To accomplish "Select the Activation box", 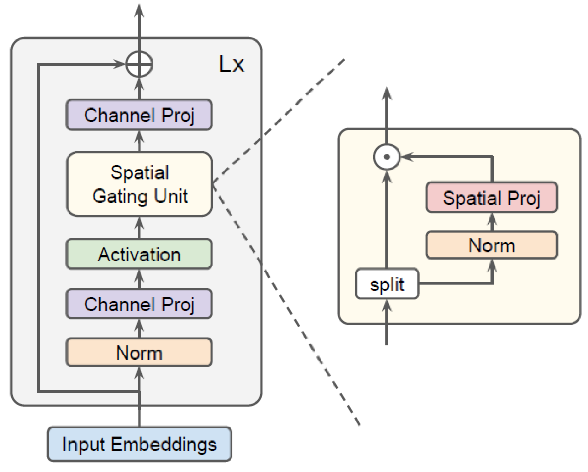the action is pyautogui.click(x=139, y=254).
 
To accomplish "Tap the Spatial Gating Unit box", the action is pyautogui.click(x=140, y=184).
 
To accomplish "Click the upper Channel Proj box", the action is pyautogui.click(x=139, y=115).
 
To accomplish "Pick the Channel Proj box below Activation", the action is pyautogui.click(x=139, y=304).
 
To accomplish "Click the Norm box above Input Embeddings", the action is pyautogui.click(x=139, y=352).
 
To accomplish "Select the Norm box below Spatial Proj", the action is pyautogui.click(x=492, y=245).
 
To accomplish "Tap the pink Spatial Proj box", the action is pyautogui.click(x=492, y=197).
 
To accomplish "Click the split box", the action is pyautogui.click(x=387, y=284).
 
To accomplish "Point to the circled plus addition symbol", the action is pyautogui.click(x=139, y=64).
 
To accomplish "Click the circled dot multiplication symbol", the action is pyautogui.click(x=387, y=157).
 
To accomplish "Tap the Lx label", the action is pyautogui.click(x=231, y=64).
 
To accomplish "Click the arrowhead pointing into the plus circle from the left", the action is pyautogui.click(x=120, y=64).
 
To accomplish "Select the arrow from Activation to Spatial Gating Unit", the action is pyautogui.click(x=140, y=228).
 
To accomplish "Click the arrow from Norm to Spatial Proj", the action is pyautogui.click(x=492, y=222).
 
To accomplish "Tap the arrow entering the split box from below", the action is pyautogui.click(x=387, y=322).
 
